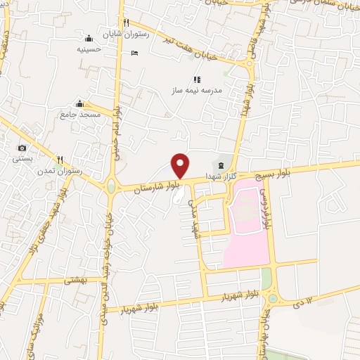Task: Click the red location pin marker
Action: click(x=181, y=165)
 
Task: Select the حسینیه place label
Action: click(x=89, y=49)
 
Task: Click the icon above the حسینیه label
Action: click(x=89, y=39)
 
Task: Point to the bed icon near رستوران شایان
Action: click(x=135, y=53)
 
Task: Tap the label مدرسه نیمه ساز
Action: click(x=196, y=91)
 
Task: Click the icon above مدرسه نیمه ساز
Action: click(x=196, y=79)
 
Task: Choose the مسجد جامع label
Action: click(x=80, y=114)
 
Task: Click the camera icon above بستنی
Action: click(x=22, y=148)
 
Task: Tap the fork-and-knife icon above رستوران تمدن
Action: click(x=60, y=159)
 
